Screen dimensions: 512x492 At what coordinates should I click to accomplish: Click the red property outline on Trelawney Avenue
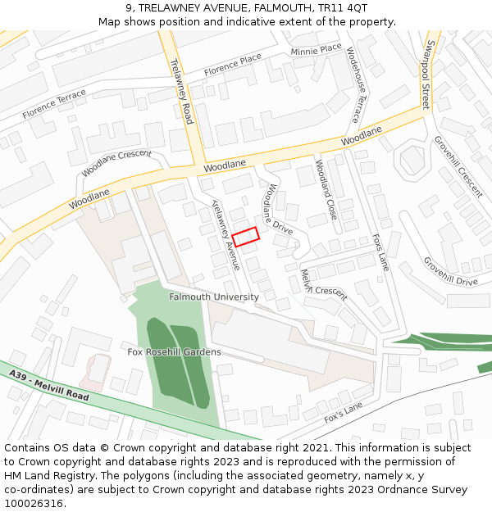[x=245, y=236]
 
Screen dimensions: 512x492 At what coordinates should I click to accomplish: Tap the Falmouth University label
[x=214, y=297]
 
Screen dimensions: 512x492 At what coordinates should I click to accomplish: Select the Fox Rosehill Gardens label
[x=174, y=351]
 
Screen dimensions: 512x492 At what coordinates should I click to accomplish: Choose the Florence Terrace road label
[x=54, y=104]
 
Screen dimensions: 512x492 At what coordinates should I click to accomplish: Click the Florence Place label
[x=233, y=62]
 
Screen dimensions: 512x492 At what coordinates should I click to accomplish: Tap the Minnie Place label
[x=316, y=50]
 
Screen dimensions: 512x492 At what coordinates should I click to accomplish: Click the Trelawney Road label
[x=180, y=91]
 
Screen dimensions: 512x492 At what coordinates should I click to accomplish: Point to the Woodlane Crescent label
[x=116, y=162]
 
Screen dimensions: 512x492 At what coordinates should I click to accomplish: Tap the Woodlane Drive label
[x=277, y=209]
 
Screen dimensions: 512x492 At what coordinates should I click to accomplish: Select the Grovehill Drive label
[x=450, y=271]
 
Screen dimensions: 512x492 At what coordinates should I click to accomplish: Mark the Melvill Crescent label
[x=323, y=285]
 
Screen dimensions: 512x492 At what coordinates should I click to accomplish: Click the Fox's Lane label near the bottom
[x=343, y=412]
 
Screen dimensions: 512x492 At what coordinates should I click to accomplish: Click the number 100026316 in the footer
[x=33, y=503]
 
